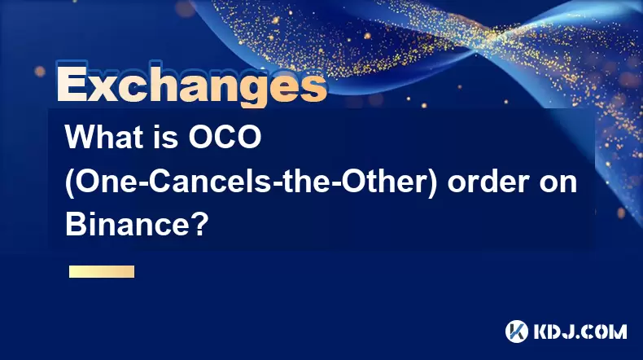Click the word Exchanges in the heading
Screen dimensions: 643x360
coord(192,85)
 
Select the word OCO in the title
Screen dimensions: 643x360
coord(225,137)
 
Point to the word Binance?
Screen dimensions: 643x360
coord(137,225)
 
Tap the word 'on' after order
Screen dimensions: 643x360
coord(558,184)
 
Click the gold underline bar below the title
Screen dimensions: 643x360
coord(102,272)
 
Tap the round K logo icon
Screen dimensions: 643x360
coord(517,331)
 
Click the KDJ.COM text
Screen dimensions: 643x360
coord(580,331)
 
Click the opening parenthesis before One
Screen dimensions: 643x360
coord(70,182)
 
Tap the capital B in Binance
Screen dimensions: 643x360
coord(75,225)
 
